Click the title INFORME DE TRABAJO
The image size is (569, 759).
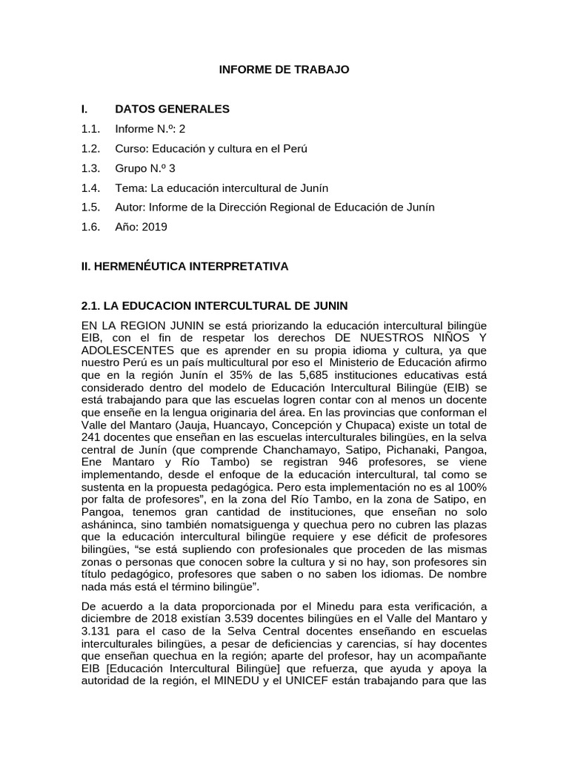click(284, 70)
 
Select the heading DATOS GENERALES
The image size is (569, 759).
click(172, 109)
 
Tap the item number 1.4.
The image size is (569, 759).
click(90, 188)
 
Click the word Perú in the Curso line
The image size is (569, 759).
click(294, 148)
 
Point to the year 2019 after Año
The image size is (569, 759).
click(154, 227)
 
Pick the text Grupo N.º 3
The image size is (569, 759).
click(145, 168)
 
